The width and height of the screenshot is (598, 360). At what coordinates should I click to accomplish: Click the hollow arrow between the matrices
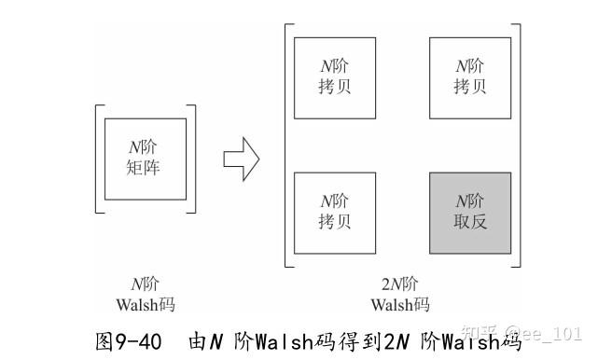tap(241, 159)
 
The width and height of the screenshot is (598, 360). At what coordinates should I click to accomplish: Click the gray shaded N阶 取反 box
tap(470, 213)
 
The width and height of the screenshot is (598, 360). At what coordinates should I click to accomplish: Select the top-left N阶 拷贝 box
tap(334, 77)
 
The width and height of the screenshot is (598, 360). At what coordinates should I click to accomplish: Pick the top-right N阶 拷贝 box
tap(470, 77)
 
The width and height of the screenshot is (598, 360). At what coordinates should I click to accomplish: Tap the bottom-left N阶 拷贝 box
tap(334, 212)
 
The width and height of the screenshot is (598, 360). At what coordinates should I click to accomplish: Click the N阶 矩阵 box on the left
tap(145, 159)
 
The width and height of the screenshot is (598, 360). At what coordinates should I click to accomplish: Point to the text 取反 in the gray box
tap(470, 223)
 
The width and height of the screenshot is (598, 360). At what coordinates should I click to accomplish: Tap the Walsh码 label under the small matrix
tap(146, 304)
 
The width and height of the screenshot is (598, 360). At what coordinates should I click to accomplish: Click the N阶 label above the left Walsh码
tap(146, 285)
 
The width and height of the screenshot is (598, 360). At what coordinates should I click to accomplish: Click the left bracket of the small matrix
tap(98, 159)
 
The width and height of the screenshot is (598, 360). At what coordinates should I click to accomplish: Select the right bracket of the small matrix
tap(192, 159)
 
